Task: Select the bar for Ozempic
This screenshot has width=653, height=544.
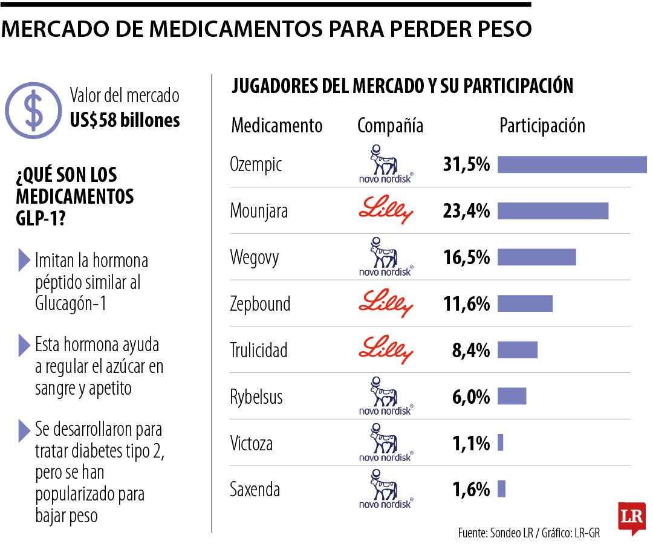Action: click(x=572, y=164)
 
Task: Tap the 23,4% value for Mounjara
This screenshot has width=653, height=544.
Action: click(x=466, y=211)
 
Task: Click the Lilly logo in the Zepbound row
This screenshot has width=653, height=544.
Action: click(x=386, y=303)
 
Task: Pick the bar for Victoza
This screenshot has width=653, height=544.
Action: click(x=501, y=443)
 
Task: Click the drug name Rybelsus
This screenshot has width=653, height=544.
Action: click(x=256, y=397)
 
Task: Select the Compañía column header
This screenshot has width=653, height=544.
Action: click(x=390, y=126)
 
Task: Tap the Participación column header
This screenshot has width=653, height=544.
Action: click(x=542, y=126)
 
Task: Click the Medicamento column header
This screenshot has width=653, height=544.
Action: click(x=277, y=126)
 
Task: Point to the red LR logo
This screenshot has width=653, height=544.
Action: click(x=631, y=517)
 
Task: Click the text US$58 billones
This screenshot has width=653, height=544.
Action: click(x=125, y=120)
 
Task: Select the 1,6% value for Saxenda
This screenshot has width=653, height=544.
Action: click(x=470, y=489)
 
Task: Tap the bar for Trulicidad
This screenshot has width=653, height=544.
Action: click(x=518, y=350)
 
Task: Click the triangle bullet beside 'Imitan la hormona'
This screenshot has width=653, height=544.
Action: click(x=24, y=260)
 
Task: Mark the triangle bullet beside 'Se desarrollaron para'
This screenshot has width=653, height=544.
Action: click(x=24, y=430)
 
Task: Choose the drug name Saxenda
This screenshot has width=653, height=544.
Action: click(x=255, y=489)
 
